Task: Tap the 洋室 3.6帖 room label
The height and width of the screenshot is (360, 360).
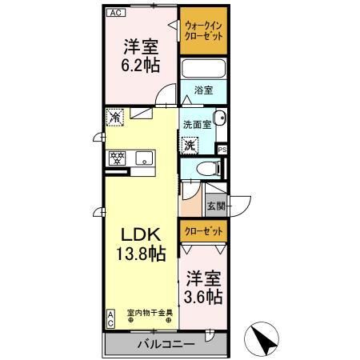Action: click(205, 288)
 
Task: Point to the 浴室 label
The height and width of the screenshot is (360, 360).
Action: click(204, 91)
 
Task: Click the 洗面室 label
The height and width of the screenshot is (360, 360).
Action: click(196, 125)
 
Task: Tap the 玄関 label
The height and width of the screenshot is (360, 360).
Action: click(216, 206)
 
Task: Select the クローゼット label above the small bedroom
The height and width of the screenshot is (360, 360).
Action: click(202, 232)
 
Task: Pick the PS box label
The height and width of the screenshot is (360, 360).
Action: click(222, 149)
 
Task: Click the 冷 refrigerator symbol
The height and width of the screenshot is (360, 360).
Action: click(115, 117)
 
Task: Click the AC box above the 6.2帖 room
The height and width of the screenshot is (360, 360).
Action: click(115, 14)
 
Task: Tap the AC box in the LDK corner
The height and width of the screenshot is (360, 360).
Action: click(110, 318)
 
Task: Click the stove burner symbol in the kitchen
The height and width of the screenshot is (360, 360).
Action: click(116, 157)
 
